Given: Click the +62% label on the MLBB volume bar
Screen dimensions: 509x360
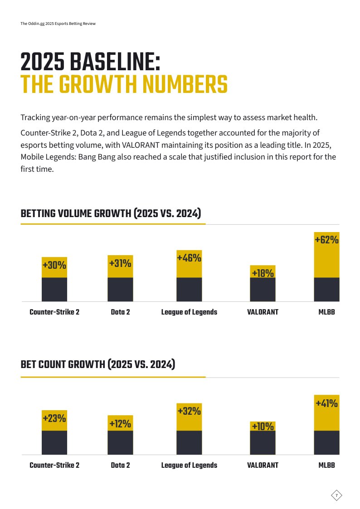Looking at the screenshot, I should pos(326,240).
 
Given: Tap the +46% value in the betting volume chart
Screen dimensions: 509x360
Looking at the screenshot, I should pos(189,258).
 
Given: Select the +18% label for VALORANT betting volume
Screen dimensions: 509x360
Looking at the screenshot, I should pos(263,273).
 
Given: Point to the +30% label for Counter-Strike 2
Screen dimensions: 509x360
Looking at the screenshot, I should pos(54,265).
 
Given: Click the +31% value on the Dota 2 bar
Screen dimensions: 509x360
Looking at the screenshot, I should pos(120,263).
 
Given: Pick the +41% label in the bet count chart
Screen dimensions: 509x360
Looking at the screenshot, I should pos(326,403).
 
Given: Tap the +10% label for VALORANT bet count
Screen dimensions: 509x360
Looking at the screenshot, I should pos(263,426).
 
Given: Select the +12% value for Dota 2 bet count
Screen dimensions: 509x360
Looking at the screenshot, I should pos(120,424).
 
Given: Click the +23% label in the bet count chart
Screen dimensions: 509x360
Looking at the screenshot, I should pos(54,418).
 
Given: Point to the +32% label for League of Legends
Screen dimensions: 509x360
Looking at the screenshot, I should pos(189,411).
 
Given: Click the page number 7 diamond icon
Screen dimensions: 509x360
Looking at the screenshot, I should pos(336,495).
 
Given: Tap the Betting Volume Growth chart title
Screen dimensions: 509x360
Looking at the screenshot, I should pos(111,213).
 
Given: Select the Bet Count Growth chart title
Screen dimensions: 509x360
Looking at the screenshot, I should pos(98,364).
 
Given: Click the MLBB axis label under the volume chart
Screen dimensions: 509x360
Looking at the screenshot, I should pos(326,312).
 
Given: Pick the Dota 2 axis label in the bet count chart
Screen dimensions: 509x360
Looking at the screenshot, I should pos(120,465).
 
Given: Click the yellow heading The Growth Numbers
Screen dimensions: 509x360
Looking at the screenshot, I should pos(124,84).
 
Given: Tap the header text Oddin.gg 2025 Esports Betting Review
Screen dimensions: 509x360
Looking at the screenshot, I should pos(58,24).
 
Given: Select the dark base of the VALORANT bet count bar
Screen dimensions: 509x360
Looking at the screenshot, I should pos(263,442).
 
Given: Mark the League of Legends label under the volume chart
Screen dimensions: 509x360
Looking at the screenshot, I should pos(189,312).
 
